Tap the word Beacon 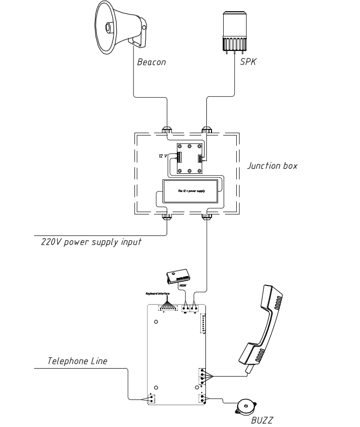(151, 62)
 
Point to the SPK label (247, 62)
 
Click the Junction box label (272, 166)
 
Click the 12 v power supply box (191, 191)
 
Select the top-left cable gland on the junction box (167, 129)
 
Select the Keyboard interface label (156, 293)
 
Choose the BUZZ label (261, 420)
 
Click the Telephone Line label (77, 361)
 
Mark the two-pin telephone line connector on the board (152, 399)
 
